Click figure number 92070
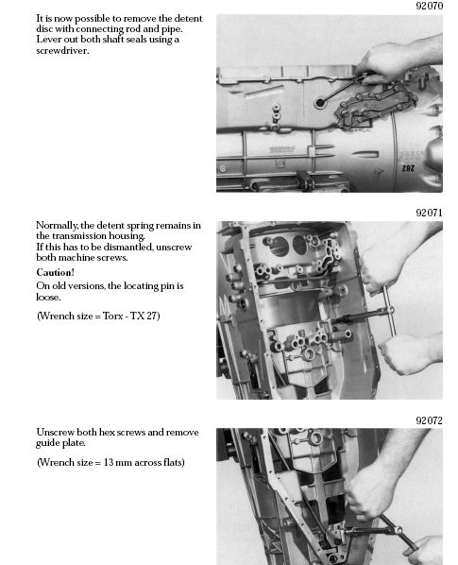(x=429, y=6)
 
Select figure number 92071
(x=429, y=213)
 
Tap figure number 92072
(x=429, y=420)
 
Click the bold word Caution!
(x=55, y=272)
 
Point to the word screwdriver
(x=61, y=50)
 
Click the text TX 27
(x=144, y=316)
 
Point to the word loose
(x=47, y=298)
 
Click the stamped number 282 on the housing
(x=408, y=168)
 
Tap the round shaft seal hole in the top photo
(x=319, y=103)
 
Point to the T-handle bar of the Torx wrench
(x=389, y=310)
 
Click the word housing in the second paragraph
(x=127, y=236)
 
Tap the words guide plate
(x=60, y=443)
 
